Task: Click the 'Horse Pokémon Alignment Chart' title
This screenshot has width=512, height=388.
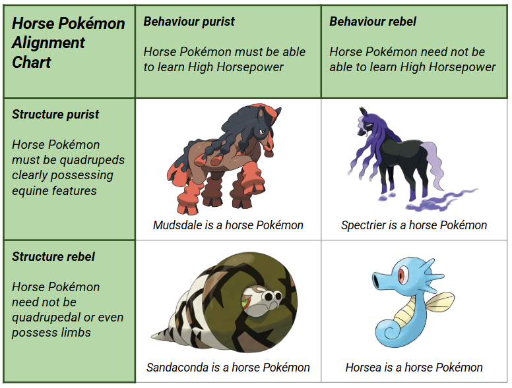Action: tap(68, 43)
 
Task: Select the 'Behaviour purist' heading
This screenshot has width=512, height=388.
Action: tap(189, 22)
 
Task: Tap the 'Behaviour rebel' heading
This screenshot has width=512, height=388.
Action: tap(373, 22)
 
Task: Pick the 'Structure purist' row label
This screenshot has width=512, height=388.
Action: tap(55, 114)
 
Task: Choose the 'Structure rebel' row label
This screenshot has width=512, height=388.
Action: tap(53, 256)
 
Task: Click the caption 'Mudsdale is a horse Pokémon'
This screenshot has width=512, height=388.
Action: tap(228, 225)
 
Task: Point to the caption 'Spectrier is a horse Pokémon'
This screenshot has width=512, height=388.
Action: tap(414, 225)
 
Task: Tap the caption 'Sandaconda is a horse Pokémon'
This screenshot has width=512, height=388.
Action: tap(228, 368)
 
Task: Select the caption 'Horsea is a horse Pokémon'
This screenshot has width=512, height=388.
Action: tap(414, 368)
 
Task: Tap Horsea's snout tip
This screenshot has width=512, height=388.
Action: tap(373, 283)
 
